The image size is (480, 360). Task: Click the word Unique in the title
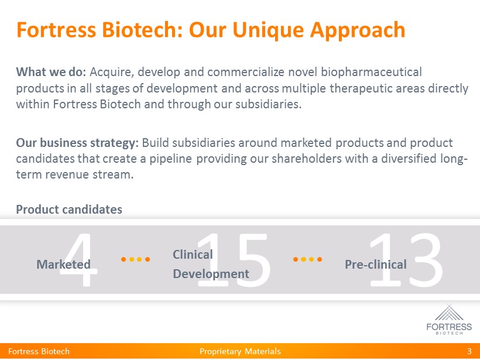(268, 30)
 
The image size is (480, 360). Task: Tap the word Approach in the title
(358, 30)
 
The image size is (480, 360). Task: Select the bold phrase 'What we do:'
(51, 72)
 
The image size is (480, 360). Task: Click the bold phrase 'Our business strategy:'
(77, 143)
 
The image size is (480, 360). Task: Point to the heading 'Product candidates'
(69, 210)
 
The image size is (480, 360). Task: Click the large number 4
(79, 260)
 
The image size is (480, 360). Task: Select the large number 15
(233, 260)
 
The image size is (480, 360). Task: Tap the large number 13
(406, 260)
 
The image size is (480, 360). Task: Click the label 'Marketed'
(64, 264)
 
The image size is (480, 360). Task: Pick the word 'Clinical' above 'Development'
(193, 255)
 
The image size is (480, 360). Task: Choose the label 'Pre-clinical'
(376, 264)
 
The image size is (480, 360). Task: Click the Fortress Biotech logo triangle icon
(449, 313)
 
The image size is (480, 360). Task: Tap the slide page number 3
(469, 351)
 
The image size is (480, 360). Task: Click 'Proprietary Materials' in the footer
(240, 351)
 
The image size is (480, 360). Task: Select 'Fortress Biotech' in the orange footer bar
(39, 351)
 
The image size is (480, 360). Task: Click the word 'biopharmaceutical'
(371, 72)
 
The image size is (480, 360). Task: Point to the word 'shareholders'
(307, 159)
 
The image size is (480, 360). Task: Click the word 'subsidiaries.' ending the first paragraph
(269, 104)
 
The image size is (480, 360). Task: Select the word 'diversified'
(409, 159)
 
